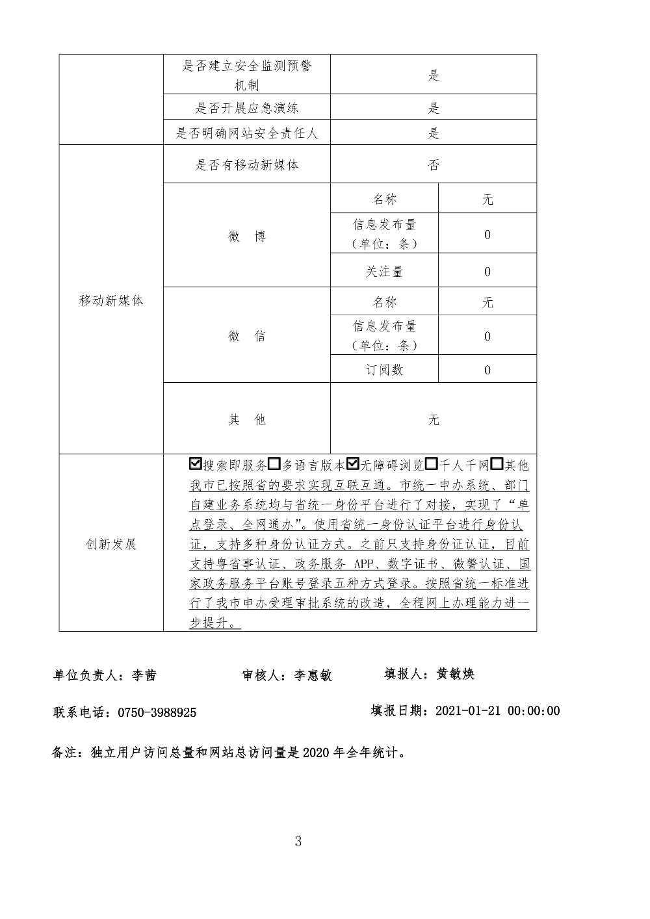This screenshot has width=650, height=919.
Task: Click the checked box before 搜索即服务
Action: [x=195, y=465]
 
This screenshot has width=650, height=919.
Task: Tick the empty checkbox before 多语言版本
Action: [x=274, y=465]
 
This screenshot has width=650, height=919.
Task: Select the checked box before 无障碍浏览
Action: [x=354, y=465]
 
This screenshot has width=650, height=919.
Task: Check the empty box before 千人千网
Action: [x=432, y=465]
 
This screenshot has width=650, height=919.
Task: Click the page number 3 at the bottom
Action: [x=298, y=842]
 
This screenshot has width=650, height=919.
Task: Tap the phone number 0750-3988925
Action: [x=157, y=712]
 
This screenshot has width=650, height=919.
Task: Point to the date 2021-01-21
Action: [x=467, y=710]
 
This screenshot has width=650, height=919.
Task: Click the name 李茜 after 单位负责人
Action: [x=144, y=675]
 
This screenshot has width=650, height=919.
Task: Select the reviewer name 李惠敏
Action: [x=313, y=675]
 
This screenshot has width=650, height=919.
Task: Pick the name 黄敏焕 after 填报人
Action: [x=456, y=674]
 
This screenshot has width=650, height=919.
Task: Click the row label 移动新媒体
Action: [x=111, y=301]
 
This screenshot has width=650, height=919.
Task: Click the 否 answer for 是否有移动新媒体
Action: [x=434, y=165]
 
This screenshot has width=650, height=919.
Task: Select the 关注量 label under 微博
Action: [x=384, y=272]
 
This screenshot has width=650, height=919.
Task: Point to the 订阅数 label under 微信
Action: [x=384, y=370]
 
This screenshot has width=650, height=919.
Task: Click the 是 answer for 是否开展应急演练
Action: [x=434, y=108]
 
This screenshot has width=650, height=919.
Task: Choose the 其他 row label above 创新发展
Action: [x=247, y=420]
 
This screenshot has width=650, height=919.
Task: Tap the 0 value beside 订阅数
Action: [x=487, y=370]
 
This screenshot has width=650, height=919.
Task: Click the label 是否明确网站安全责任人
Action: [x=247, y=133]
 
